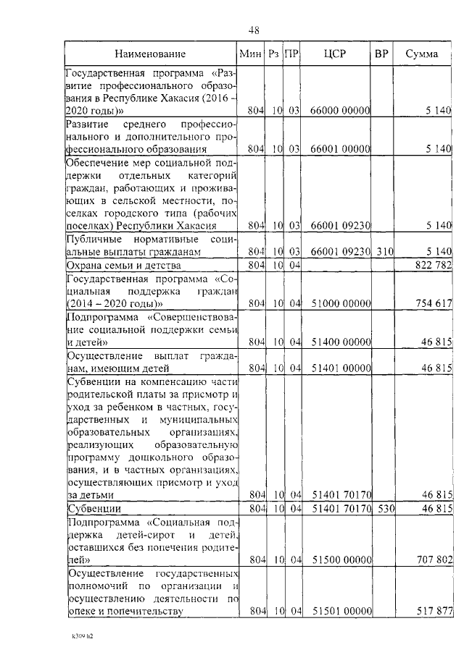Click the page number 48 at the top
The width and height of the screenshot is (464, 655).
[254, 30]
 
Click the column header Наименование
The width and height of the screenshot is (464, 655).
[149, 54]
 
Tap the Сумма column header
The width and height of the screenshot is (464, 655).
[420, 54]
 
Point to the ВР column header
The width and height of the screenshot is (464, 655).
[381, 54]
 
